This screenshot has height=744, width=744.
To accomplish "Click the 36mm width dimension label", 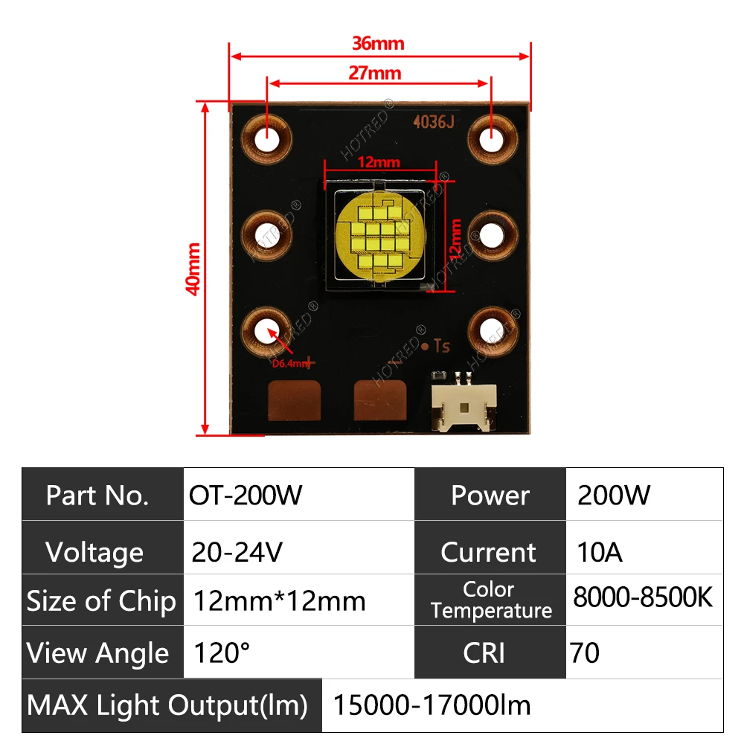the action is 378,43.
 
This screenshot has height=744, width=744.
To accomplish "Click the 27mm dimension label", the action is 375,73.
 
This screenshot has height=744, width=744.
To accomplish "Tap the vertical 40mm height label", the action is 193,269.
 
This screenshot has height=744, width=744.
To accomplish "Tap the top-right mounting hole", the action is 491,138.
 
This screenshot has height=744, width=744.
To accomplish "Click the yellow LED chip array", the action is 378,237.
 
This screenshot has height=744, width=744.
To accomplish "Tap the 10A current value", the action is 600,552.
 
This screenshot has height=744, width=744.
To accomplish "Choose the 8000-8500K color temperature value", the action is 643,597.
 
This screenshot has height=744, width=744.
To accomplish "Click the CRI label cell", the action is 484,652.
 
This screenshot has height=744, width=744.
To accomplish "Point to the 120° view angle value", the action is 222,653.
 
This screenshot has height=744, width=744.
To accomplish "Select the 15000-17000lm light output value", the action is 432,704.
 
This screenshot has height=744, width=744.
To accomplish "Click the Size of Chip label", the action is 102,601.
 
